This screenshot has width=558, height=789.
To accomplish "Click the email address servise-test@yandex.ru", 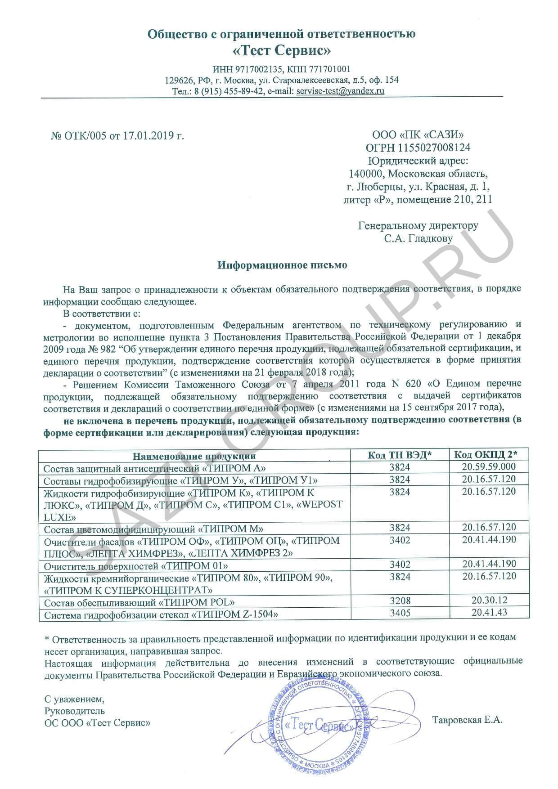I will click(x=340, y=91).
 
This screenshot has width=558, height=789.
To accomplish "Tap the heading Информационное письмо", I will click(x=282, y=265).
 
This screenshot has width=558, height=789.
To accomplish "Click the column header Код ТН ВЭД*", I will click(x=400, y=455).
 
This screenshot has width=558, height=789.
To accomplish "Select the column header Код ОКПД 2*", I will click(x=485, y=454).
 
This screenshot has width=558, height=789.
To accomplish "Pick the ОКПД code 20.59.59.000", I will click(x=489, y=466).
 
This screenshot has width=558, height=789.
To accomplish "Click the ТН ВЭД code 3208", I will click(x=400, y=601).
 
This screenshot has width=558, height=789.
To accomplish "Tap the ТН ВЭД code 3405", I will click(x=400, y=613).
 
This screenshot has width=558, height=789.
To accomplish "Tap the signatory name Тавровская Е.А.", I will click(x=467, y=720).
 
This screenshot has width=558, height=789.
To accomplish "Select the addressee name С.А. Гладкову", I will click(x=418, y=238).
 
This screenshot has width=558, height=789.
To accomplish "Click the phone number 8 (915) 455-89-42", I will click(x=229, y=91).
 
